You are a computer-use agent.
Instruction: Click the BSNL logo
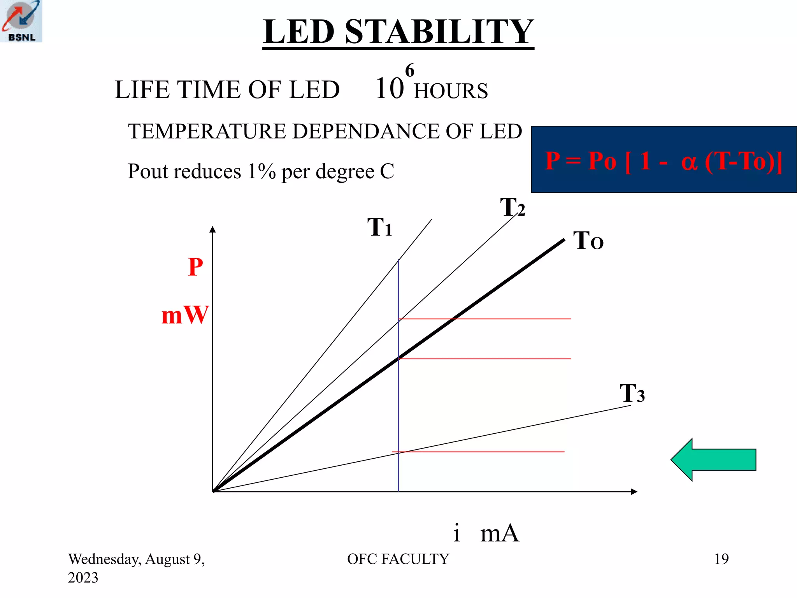[x=21, y=21]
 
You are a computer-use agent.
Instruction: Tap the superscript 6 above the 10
[x=409, y=70]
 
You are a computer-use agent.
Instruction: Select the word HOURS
[x=451, y=91]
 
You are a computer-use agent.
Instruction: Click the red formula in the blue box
[x=663, y=160]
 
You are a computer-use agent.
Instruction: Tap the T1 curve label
[x=379, y=227]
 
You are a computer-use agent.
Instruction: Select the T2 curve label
[x=513, y=207]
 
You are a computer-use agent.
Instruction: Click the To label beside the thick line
[x=588, y=241]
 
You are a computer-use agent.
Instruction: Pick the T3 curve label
[x=632, y=393]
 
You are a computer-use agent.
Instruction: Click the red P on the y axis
[x=195, y=267]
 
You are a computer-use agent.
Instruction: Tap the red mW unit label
[x=185, y=315]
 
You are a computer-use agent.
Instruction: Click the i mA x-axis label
[x=486, y=533]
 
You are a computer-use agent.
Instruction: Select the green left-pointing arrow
[x=713, y=460]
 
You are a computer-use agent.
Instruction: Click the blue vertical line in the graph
[x=398, y=409]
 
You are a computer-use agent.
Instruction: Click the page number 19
[x=721, y=559]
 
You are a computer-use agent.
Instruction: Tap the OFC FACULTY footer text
[x=398, y=559]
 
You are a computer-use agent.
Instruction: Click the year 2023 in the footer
[x=83, y=578]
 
